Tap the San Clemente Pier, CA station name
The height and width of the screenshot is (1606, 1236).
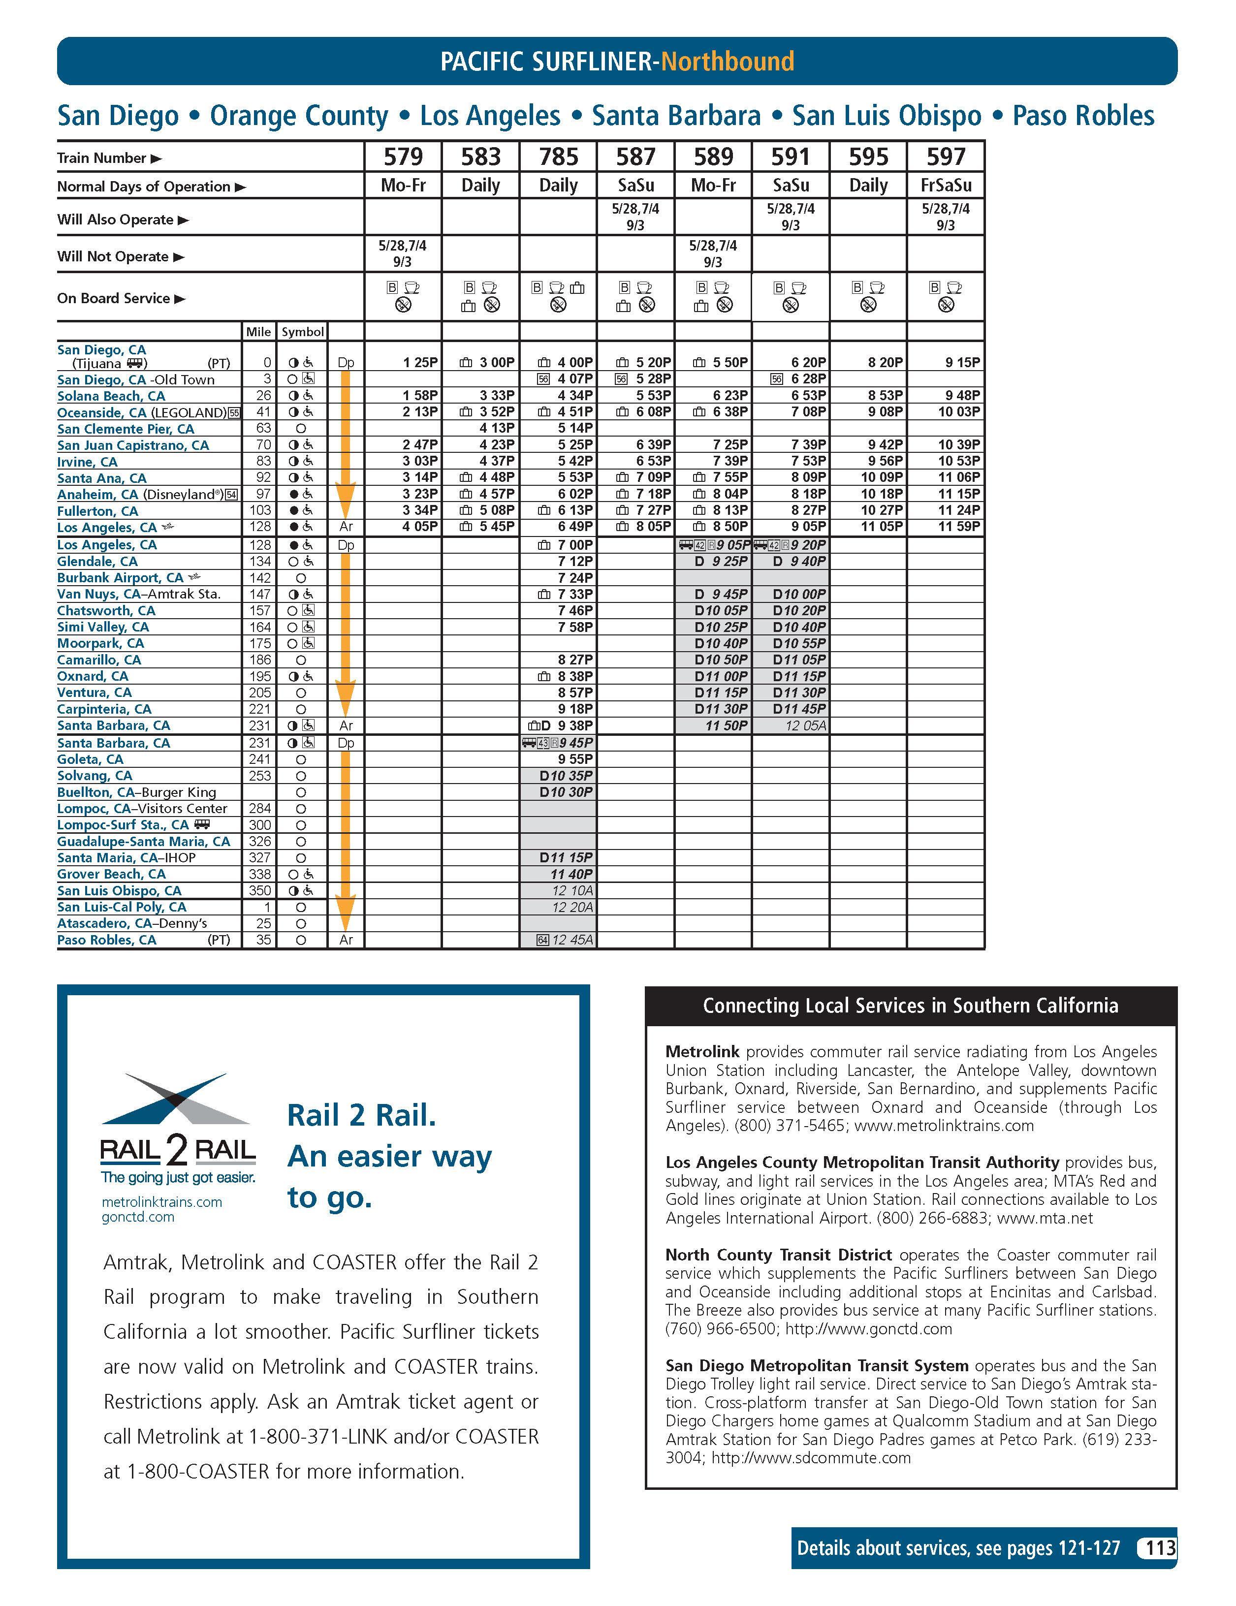126,429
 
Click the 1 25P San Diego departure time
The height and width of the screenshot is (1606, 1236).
420,363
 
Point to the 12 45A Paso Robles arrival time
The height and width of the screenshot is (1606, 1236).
572,940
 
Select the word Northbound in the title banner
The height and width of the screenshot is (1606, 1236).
727,61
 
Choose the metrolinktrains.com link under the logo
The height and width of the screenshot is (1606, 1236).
162,1201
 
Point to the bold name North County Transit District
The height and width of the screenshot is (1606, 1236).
778,1255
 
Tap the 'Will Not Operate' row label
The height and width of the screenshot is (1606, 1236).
113,256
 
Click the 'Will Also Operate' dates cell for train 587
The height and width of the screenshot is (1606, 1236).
635,217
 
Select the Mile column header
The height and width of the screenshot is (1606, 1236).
258,332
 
